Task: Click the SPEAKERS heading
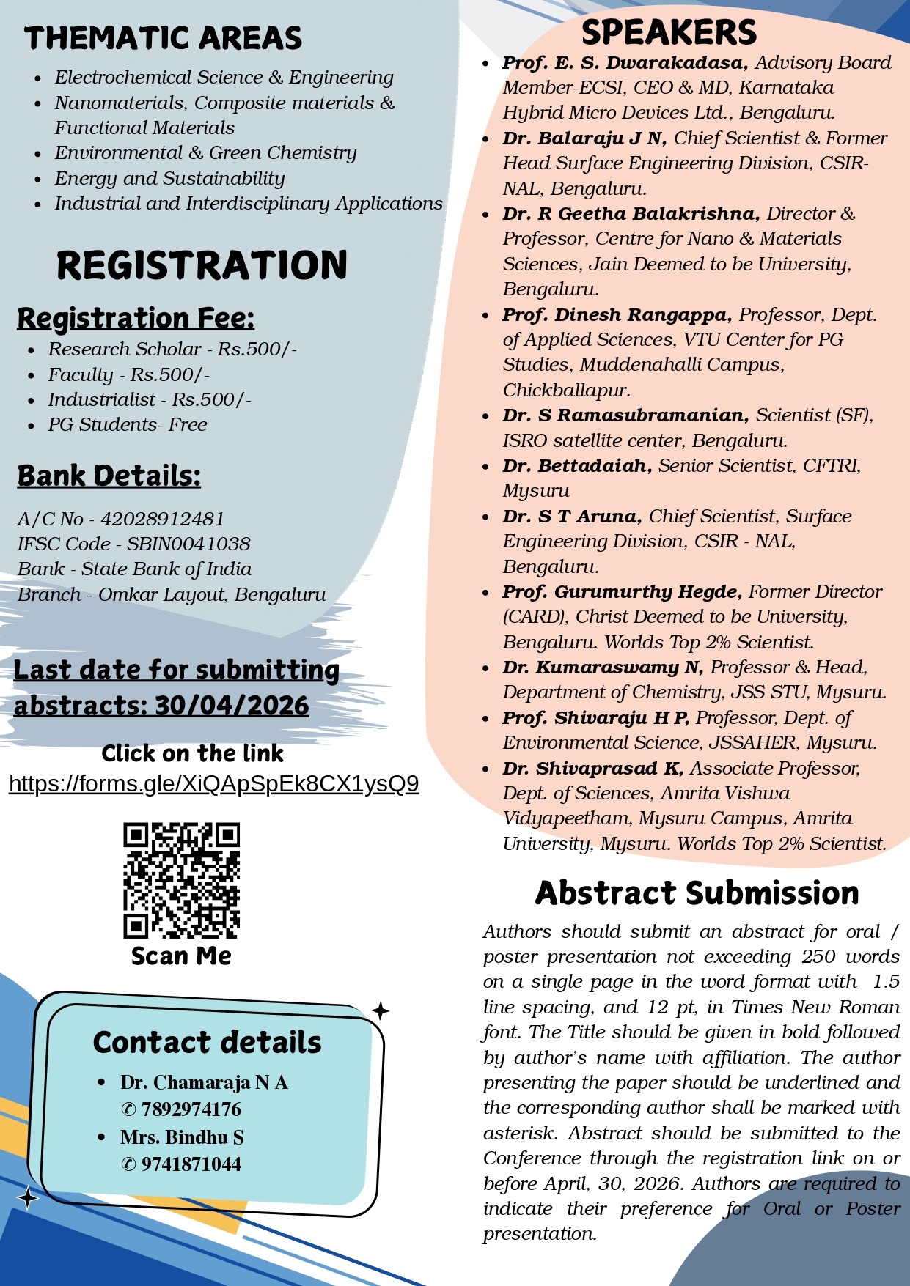[x=668, y=33]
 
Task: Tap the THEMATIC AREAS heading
[x=163, y=38]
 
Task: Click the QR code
[x=181, y=880]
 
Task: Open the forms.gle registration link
[x=213, y=784]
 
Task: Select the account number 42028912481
[x=162, y=519]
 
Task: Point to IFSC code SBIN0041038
[x=188, y=544]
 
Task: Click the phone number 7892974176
[x=191, y=1109]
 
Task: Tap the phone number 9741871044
[x=191, y=1164]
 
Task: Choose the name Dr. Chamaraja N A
[x=204, y=1082]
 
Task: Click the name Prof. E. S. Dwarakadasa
[x=625, y=63]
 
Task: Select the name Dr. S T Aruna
[x=572, y=517]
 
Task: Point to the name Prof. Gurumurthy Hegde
[x=623, y=592]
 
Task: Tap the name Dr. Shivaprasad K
[x=592, y=769]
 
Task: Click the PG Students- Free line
[x=128, y=425]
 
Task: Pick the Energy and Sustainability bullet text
[x=169, y=178]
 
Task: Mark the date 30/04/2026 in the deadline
[x=232, y=706]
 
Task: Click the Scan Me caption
[x=181, y=956]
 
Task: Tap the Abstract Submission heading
[x=697, y=893]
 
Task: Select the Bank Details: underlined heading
[x=109, y=476]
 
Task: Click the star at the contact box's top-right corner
[x=380, y=1011]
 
